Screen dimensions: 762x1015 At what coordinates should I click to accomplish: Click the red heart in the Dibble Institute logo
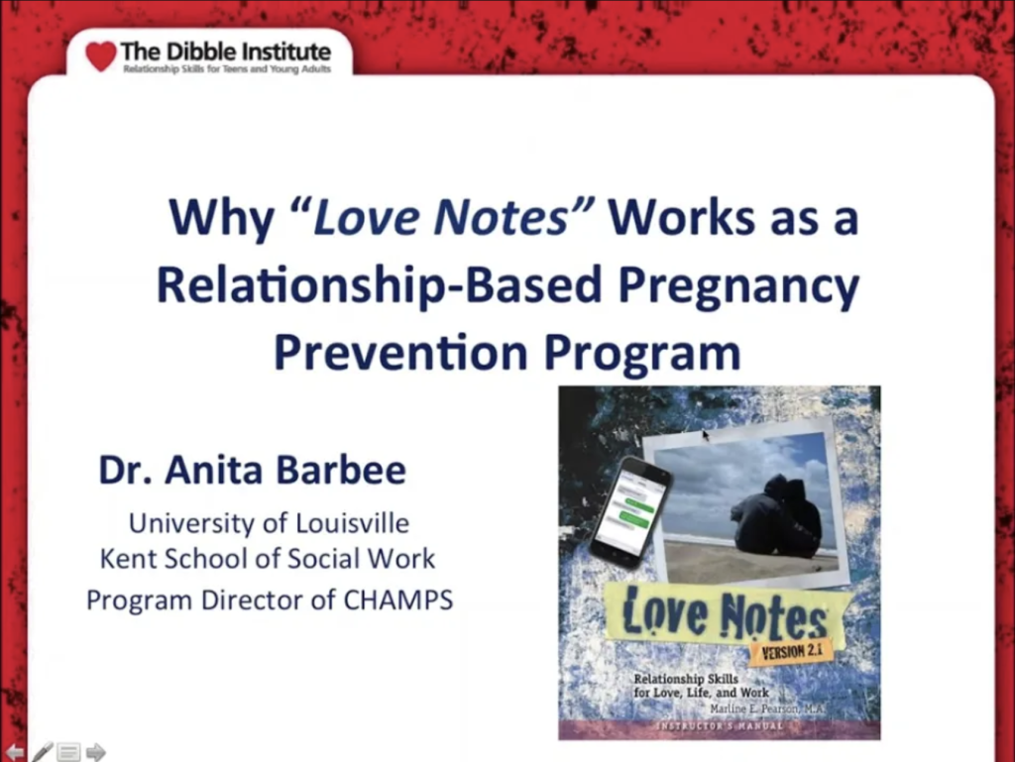click(x=100, y=55)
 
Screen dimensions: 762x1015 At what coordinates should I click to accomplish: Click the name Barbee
click(x=343, y=470)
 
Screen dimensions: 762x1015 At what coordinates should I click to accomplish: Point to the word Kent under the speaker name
click(x=130, y=558)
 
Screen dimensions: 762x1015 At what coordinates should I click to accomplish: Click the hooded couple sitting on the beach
click(x=776, y=516)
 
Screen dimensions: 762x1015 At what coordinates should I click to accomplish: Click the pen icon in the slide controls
click(x=43, y=751)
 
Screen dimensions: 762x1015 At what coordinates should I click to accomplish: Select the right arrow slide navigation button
click(x=95, y=752)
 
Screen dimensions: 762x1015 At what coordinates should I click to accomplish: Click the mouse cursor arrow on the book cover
click(x=706, y=434)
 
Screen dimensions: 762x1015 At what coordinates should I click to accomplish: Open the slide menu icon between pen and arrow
click(x=68, y=752)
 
